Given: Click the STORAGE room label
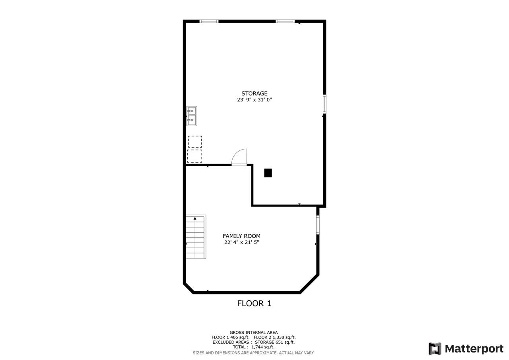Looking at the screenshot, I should point(254,94).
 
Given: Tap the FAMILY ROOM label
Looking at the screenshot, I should point(241,236).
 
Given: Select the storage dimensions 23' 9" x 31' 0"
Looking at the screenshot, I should point(254,100).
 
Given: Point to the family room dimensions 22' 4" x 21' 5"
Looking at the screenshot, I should point(241,242).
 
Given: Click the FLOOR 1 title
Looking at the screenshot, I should point(254,304).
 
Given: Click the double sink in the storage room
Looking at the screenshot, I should point(192,116).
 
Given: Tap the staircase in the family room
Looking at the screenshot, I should point(196,237).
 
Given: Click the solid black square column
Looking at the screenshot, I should point(268,173).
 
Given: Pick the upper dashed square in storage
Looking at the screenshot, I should point(195,142).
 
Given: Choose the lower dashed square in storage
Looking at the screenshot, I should point(194,156).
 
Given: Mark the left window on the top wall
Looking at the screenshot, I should point(209,21).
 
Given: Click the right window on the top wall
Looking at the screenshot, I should point(285,21).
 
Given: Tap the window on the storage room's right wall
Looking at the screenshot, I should point(324,104).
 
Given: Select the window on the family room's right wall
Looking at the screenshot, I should point(318,225).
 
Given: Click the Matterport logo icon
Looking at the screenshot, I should point(435,348).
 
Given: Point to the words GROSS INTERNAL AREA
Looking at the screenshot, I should point(254,333).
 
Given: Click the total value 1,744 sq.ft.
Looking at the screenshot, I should point(263,347).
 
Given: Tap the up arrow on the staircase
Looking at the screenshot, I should point(195,218).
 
